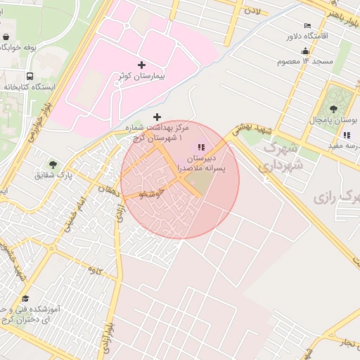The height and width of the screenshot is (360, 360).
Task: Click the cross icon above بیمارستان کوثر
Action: click(x=142, y=65)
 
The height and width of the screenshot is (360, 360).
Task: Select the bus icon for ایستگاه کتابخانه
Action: click(x=30, y=76)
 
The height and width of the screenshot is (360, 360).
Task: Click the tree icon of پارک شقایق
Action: click(x=52, y=165)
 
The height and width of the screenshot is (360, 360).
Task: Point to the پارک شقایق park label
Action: click(x=54, y=174)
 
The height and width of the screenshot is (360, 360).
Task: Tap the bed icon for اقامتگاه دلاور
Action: click(x=307, y=26)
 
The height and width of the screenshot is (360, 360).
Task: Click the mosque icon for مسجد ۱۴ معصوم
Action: click(x=304, y=51)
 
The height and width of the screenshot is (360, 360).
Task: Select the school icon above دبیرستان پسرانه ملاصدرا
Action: click(x=201, y=147)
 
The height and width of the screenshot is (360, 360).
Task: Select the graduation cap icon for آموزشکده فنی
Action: click(x=25, y=298)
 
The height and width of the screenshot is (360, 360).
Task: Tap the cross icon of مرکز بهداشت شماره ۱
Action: click(x=156, y=116)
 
